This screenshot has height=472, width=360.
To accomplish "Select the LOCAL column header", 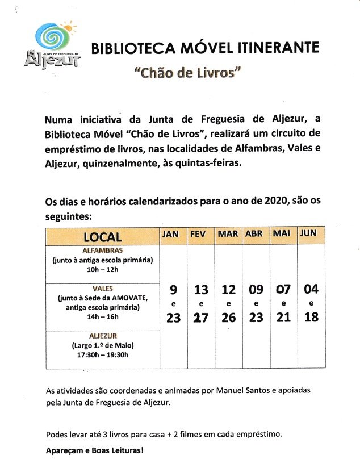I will coord(103,237).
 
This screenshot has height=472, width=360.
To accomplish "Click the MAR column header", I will coord(228,234).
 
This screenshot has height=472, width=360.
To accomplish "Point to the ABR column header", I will coord(256,234).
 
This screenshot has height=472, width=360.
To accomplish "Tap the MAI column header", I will coord(282,234).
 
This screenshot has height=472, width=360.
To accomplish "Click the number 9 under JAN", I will coord(173,290).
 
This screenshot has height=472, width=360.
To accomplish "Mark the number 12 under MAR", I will coord(228,290).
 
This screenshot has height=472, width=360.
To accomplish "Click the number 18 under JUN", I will coord(311,317).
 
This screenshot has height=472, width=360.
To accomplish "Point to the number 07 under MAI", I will coord(283,290).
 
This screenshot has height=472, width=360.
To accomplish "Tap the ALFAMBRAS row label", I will coord(103,249).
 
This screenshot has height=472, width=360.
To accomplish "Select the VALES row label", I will coord(103,289).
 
